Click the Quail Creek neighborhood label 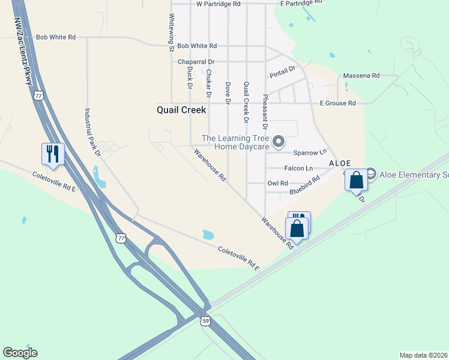point(181,110)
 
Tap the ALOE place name point(339,163)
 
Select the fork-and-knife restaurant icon point(53,154)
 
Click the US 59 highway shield point(206,321)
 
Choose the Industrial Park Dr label point(92,132)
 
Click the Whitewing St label point(171,32)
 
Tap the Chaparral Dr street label point(196,62)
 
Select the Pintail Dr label point(283,73)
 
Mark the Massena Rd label point(361,76)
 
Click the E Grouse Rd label point(337,103)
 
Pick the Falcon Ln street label point(298,168)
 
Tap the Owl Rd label point(277,183)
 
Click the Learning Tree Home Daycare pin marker point(278,142)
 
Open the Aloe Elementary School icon point(370,175)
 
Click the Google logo point(20,353)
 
